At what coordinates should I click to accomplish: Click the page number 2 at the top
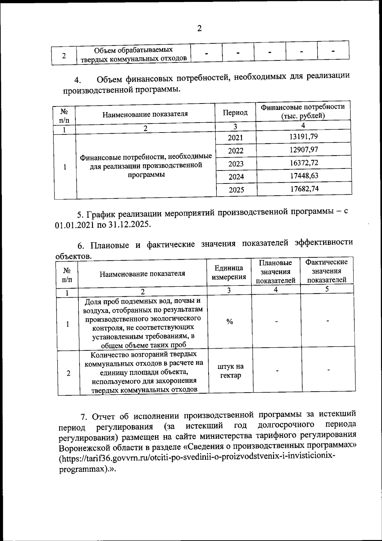click(x=200, y=29)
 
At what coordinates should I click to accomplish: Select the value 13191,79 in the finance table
click(x=304, y=137)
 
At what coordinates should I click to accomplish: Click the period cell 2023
click(x=236, y=164)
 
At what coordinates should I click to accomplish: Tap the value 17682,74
click(x=304, y=189)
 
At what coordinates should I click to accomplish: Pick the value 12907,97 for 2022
click(x=304, y=149)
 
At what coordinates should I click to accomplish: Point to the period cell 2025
click(x=237, y=190)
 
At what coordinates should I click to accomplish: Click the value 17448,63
click(x=304, y=176)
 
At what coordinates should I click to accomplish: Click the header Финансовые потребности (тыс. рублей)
click(x=303, y=111)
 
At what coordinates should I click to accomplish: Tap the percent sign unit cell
click(x=230, y=322)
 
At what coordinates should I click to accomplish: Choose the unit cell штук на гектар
click(x=230, y=371)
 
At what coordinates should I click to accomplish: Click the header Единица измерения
click(x=229, y=272)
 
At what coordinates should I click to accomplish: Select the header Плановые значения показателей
click(x=276, y=271)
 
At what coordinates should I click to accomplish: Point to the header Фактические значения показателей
click(x=326, y=271)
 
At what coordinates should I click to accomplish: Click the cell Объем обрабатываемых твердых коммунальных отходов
click(x=133, y=54)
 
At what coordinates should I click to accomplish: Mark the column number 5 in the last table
click(x=327, y=289)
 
